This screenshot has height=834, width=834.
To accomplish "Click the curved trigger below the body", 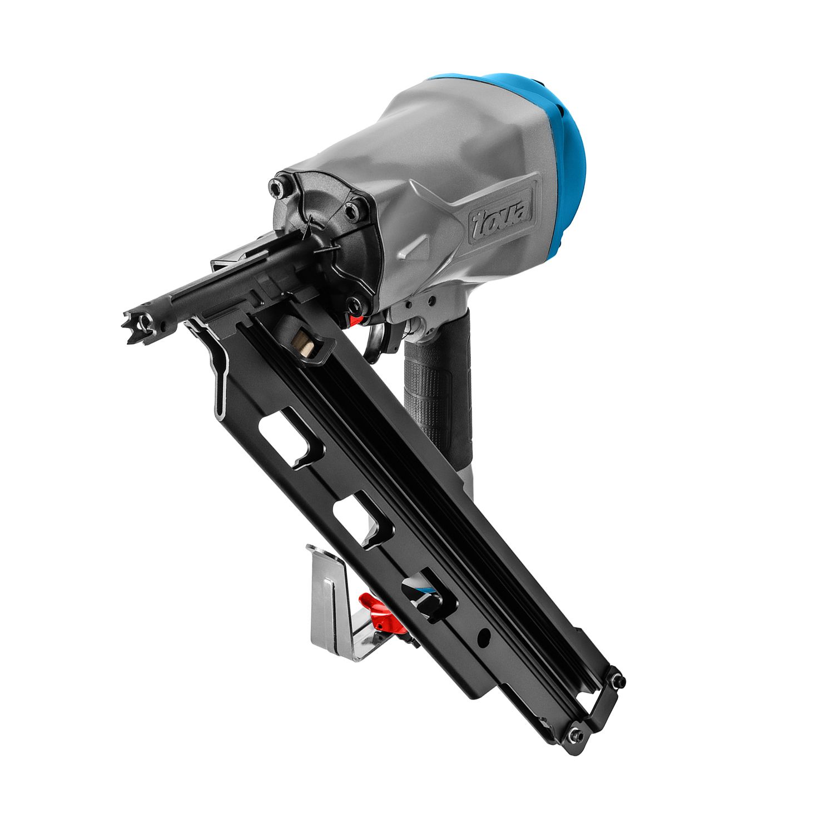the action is [379, 339].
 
